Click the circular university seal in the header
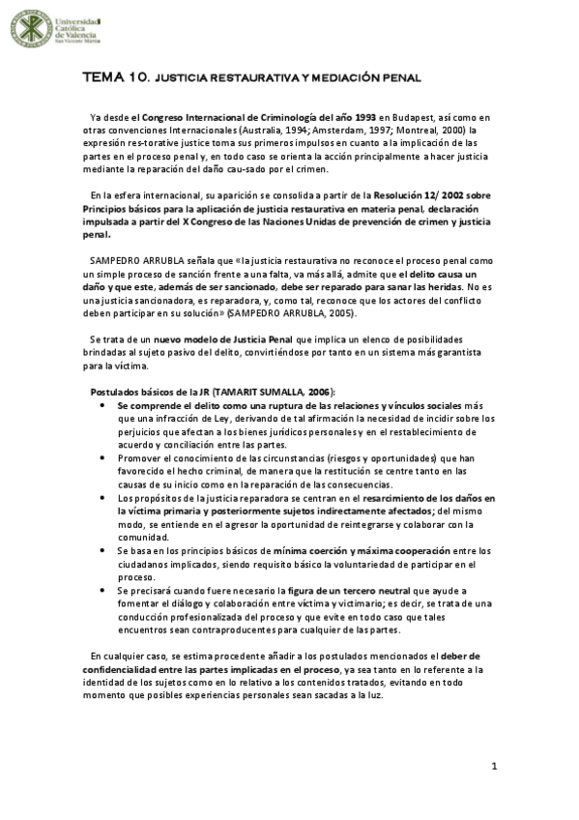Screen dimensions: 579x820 pyautogui.click(x=32, y=29)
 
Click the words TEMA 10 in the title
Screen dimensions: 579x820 pyautogui.click(x=115, y=75)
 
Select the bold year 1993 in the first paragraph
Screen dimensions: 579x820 pyautogui.click(x=358, y=117)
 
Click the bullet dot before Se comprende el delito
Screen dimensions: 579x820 pyautogui.click(x=104, y=405)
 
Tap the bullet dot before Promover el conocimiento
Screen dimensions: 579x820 pyautogui.click(x=104, y=457)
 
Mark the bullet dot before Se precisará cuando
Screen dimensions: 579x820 pyautogui.click(x=104, y=590)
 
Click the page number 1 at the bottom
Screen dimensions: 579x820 pyautogui.click(x=494, y=767)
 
